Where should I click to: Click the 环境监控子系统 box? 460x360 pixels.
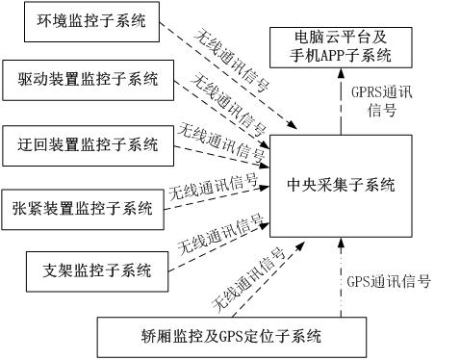pyautogui.click(x=88, y=23)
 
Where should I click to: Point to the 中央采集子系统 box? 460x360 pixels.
pyautogui.click(x=342, y=184)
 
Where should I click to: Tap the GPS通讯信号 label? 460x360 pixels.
pyautogui.click(x=389, y=283)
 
